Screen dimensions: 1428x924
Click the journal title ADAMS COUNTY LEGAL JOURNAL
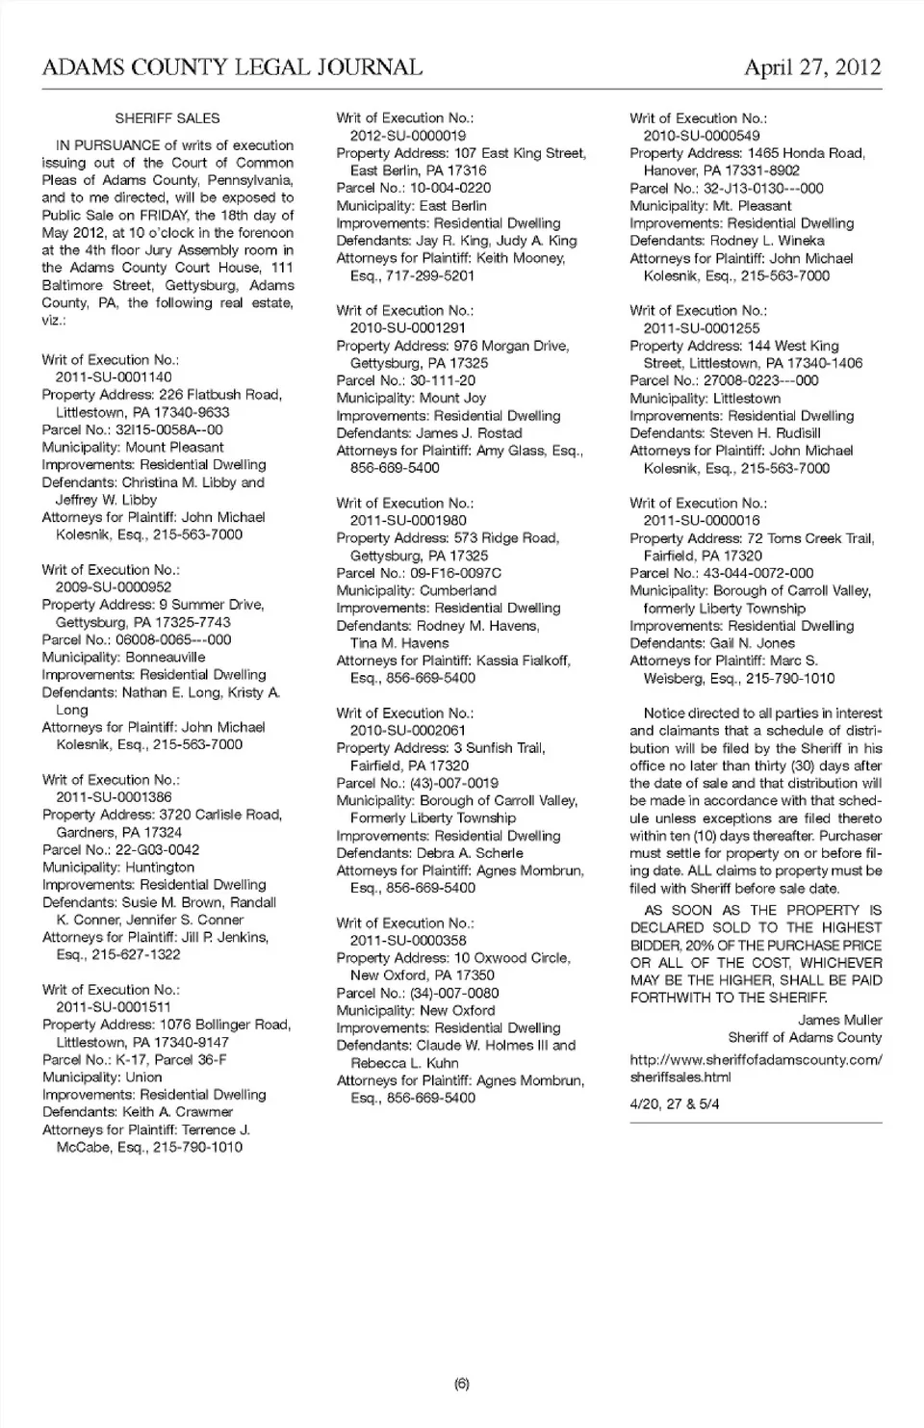(x=232, y=67)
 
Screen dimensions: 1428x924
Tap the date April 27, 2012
(x=812, y=67)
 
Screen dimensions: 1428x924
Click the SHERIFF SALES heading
(x=167, y=118)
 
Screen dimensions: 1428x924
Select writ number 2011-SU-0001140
(x=114, y=377)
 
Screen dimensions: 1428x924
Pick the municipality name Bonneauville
(x=166, y=657)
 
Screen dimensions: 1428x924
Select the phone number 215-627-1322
(x=136, y=954)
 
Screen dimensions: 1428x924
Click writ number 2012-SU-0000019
(x=408, y=136)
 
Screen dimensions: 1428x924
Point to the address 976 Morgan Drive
(x=511, y=346)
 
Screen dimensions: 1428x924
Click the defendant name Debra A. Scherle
(x=470, y=853)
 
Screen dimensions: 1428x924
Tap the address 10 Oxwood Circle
(x=512, y=958)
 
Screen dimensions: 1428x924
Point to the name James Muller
(x=839, y=1020)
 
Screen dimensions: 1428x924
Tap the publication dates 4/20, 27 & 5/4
(x=675, y=1104)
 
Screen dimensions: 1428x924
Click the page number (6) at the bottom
(x=462, y=1384)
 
